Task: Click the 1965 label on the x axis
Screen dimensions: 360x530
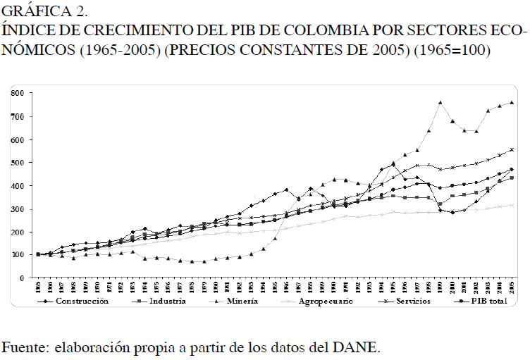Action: (x=38, y=288)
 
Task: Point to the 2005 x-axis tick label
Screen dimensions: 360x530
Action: (x=511, y=288)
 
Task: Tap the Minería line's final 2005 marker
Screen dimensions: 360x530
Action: (x=511, y=102)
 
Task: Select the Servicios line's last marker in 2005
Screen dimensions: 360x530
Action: (x=511, y=149)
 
